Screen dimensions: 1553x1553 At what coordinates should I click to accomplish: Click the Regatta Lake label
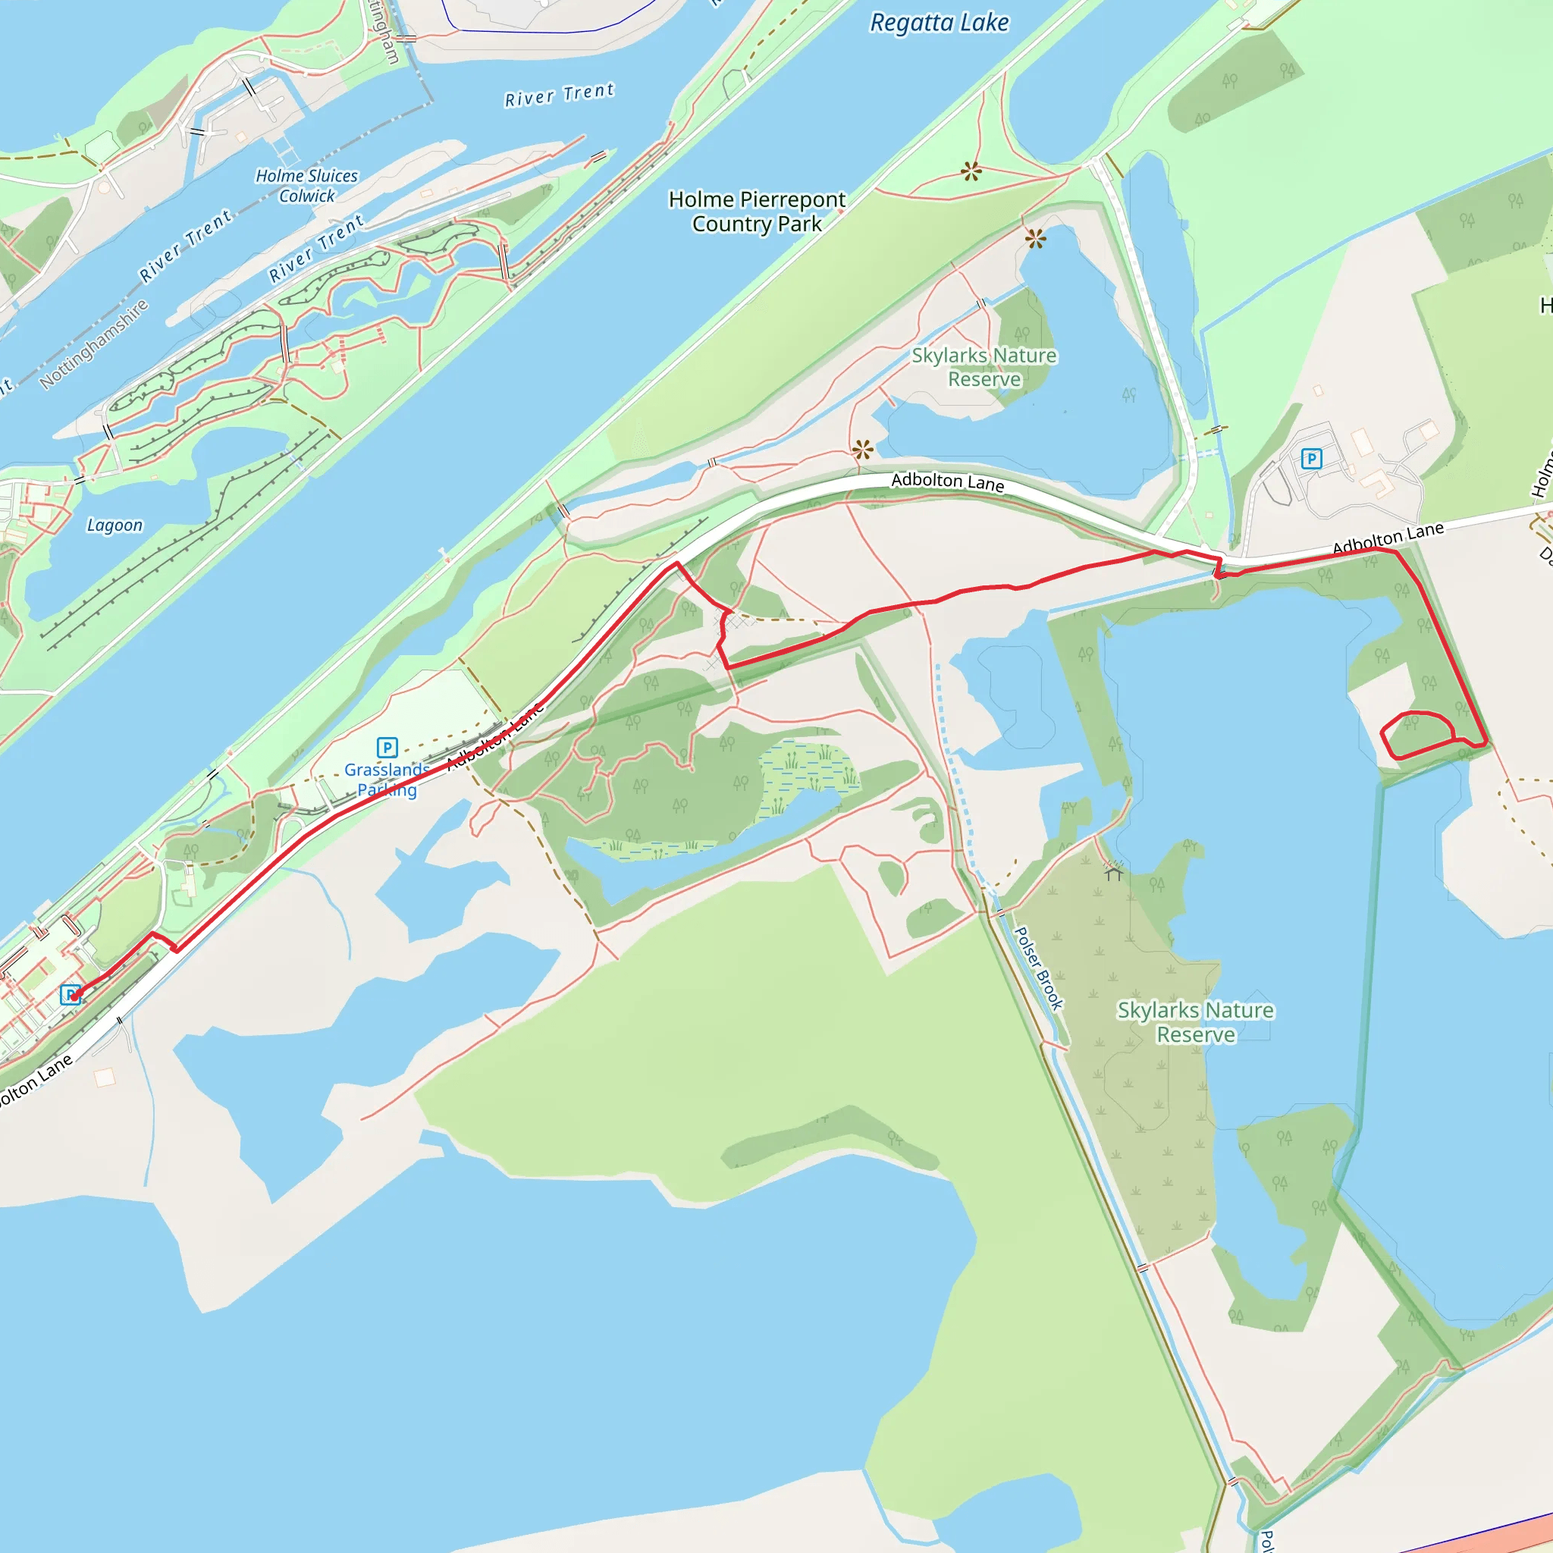coord(939,23)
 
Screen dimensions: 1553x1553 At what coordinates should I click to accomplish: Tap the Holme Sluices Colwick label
coord(306,186)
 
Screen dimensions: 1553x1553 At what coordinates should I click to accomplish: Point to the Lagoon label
coord(115,526)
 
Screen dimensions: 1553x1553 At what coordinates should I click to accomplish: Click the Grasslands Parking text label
coord(387,780)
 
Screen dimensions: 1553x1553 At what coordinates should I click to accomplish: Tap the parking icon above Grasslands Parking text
coord(387,748)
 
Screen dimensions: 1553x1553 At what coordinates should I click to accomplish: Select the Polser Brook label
coord(1039,968)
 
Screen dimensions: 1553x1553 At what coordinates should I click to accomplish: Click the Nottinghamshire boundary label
coord(94,344)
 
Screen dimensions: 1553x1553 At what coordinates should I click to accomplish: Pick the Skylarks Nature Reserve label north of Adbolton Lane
coord(984,366)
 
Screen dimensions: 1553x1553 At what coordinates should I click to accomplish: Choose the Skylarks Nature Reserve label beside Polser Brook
coord(1195,1021)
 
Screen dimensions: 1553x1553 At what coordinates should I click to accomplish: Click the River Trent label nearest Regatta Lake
coord(560,95)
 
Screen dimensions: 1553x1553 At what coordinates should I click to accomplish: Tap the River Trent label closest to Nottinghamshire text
coord(186,246)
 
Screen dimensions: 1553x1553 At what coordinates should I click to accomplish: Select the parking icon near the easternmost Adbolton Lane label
coord(1311,459)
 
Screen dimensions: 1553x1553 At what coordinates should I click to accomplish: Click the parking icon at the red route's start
coord(71,995)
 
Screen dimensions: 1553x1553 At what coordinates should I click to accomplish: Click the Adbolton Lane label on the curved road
coord(948,482)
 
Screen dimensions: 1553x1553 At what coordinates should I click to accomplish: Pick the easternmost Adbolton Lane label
coord(1388,537)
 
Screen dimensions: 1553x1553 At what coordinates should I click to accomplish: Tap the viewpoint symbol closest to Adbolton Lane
coord(862,450)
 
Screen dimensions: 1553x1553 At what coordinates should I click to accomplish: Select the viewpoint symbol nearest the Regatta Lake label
coord(971,171)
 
